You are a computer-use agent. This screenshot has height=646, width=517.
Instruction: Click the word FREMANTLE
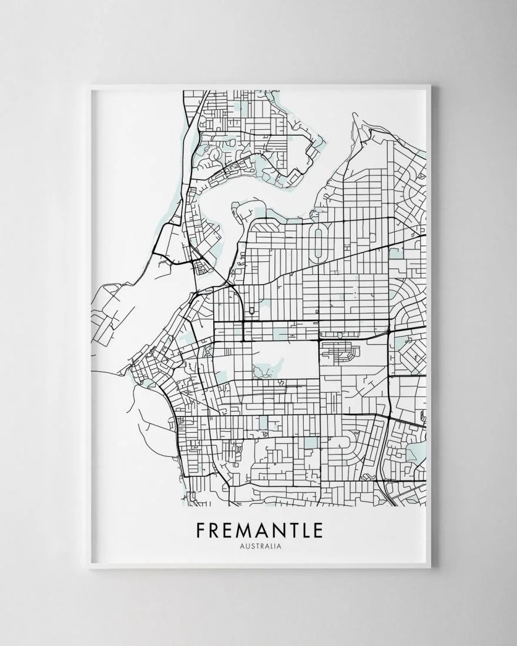point(260,530)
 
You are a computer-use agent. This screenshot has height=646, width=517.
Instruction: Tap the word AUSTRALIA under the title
point(260,546)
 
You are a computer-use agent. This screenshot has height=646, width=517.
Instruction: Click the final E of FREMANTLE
point(318,530)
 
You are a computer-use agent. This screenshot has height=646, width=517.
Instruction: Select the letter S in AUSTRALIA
point(252,546)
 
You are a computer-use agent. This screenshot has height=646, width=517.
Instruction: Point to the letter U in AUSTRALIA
point(246,546)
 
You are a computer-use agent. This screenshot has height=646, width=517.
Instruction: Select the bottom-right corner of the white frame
point(431,568)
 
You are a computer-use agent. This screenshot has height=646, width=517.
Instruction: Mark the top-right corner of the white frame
point(431,86)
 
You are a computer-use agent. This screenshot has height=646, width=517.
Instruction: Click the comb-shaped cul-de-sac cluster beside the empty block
point(341,351)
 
